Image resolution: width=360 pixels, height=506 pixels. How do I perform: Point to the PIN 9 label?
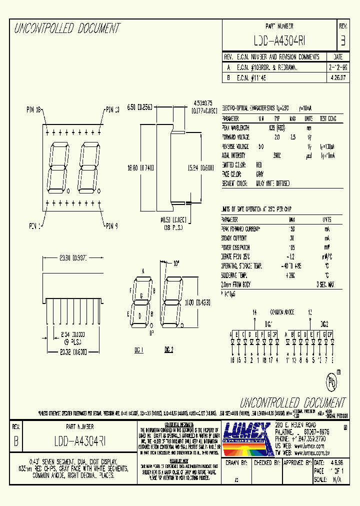111,226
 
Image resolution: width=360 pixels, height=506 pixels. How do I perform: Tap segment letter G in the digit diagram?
141,295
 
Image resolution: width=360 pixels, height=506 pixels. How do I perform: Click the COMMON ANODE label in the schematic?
281,312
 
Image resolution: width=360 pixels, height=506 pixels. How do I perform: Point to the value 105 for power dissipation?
292,246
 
